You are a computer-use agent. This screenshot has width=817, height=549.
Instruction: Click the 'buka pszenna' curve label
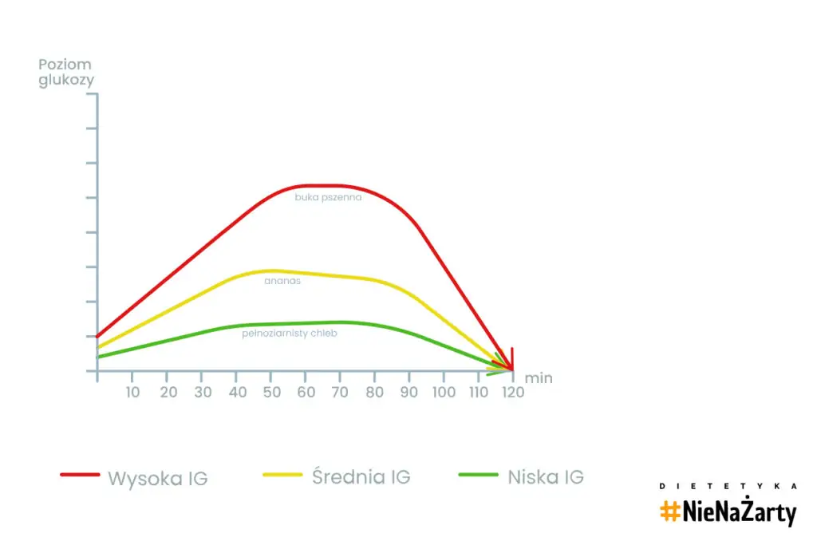[328, 197]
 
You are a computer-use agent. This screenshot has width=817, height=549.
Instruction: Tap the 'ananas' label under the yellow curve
[282, 281]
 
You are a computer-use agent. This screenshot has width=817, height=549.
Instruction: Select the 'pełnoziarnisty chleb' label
[290, 334]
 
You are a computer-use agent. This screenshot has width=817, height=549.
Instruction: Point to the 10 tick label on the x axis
[132, 392]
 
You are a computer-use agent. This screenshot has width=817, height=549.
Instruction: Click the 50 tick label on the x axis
[271, 392]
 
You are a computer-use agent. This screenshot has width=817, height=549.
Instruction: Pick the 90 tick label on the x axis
[409, 392]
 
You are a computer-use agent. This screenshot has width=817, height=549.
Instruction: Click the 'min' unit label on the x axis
[539, 378]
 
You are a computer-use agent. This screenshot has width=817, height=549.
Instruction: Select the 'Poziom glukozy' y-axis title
[65, 73]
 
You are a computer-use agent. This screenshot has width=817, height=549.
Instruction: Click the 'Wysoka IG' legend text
[158, 479]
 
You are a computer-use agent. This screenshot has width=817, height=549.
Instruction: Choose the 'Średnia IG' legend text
[361, 477]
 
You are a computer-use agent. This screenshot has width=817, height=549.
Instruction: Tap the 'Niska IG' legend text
[546, 477]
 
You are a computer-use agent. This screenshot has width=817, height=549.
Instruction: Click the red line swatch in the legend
[80, 475]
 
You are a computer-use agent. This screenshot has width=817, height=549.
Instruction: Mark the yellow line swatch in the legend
[282, 475]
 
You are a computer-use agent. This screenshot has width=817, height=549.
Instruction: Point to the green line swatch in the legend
[479, 475]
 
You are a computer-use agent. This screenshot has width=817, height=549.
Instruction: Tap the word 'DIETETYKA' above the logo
[728, 486]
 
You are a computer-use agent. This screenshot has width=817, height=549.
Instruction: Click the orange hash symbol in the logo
[669, 511]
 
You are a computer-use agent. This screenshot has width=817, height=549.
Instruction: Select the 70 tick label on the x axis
[341, 392]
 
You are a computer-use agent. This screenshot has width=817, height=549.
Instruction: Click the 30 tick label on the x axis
[202, 392]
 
